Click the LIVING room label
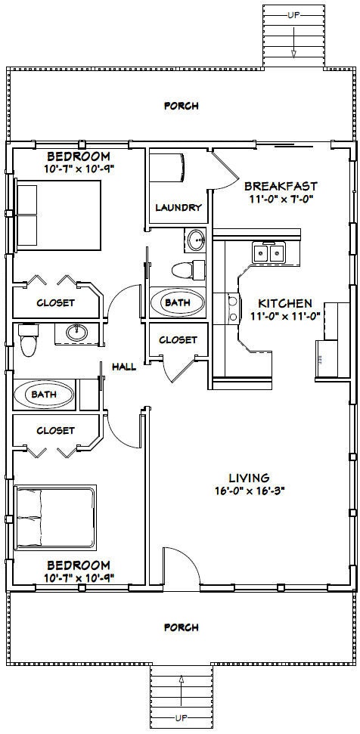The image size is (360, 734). point(249,498)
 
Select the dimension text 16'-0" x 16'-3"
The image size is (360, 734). point(249,511)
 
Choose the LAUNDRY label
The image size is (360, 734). point(178,207)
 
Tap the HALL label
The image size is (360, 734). point(124,367)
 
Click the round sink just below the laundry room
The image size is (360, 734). point(197,240)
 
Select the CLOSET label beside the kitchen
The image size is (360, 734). point(178,340)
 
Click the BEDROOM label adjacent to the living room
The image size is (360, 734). point(78,565)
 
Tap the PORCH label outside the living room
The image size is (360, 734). point(182,627)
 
